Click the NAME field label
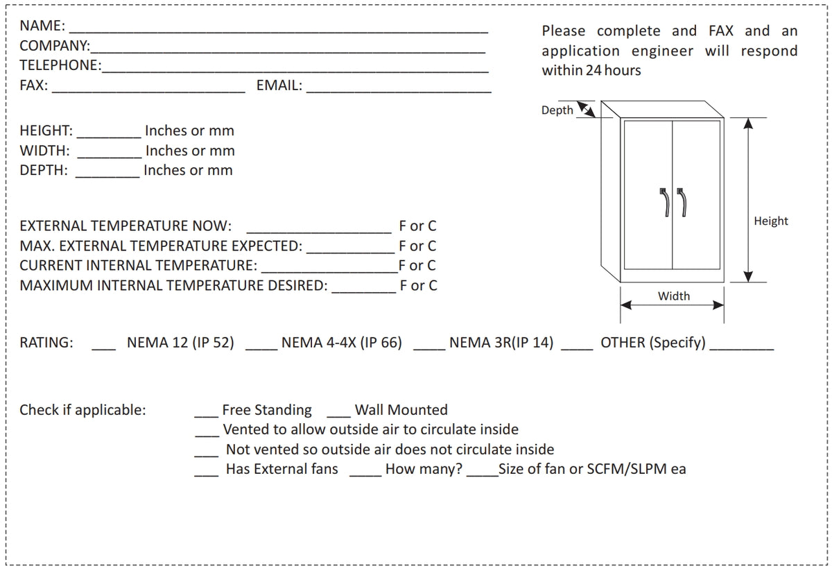coord(42,26)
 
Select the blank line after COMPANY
coord(288,50)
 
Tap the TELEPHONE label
coord(60,66)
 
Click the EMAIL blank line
coord(399,89)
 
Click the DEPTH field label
coord(44,170)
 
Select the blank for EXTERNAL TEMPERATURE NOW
coord(319,230)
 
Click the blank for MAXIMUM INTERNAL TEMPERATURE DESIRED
coord(364,290)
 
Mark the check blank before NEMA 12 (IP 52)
coord(105,347)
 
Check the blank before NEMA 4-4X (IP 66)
coord(261,347)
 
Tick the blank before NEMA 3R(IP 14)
coord(429,347)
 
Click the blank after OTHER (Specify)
coord(742,347)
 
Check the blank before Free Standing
coord(206,415)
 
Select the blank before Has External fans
coord(206,474)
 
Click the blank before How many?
coord(365,474)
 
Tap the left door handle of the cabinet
coord(664,202)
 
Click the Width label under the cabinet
coord(673,296)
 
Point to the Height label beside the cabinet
coord(771,221)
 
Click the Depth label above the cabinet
coord(557,110)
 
